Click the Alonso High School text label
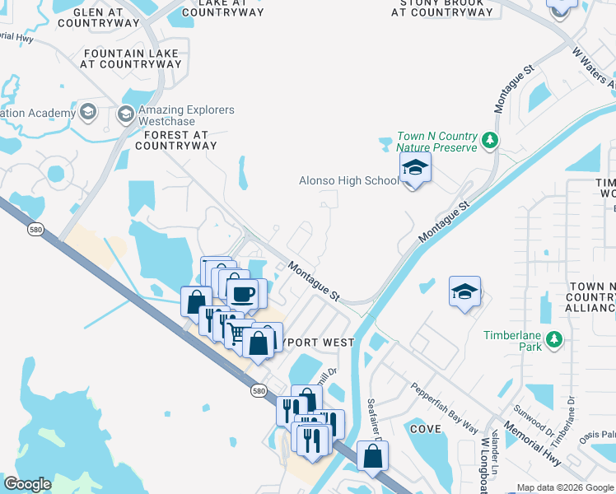[348, 180]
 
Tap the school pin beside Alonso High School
[416, 170]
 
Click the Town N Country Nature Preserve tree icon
[490, 141]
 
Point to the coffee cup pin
[243, 295]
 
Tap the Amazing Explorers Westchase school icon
[126, 114]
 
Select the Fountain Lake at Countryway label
[120, 58]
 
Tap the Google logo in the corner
[27, 484]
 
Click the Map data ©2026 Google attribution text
[565, 487]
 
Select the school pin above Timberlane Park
[464, 292]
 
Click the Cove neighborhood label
[425, 429]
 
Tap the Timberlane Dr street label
[572, 415]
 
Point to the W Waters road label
[593, 66]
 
